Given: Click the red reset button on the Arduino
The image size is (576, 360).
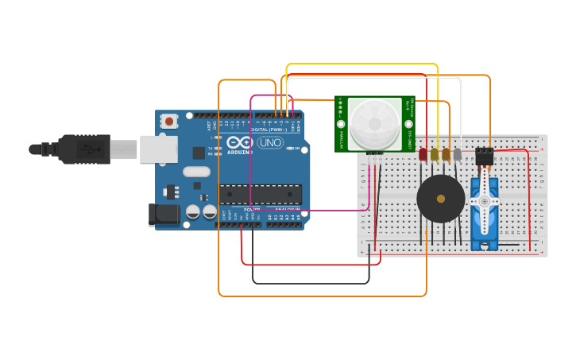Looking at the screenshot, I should pos(169,122).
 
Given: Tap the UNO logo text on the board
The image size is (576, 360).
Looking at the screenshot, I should pos(270,143).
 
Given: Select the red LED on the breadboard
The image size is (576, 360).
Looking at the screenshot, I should pos(423,154).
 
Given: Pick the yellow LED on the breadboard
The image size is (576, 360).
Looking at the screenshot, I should pos(435,154).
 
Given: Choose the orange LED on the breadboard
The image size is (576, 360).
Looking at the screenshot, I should pos(446,154).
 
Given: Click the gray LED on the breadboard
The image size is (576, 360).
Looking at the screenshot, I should pos(457,154).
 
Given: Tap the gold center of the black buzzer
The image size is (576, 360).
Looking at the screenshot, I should pos(441,199).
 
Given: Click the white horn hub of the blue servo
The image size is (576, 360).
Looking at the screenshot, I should pos(484,202).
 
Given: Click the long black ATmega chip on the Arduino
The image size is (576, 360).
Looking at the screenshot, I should pos(261,194).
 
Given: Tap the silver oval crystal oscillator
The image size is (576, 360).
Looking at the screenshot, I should pos(196,171).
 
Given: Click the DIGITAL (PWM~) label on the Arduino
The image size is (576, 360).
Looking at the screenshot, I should pos(269,130).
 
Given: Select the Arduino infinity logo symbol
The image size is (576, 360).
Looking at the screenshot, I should pos(240,143).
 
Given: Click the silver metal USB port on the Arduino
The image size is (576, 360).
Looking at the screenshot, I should pos(158,149).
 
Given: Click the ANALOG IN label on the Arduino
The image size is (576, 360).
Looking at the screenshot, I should pos(287,210).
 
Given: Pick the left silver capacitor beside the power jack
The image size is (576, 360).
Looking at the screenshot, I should pos(193,212).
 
